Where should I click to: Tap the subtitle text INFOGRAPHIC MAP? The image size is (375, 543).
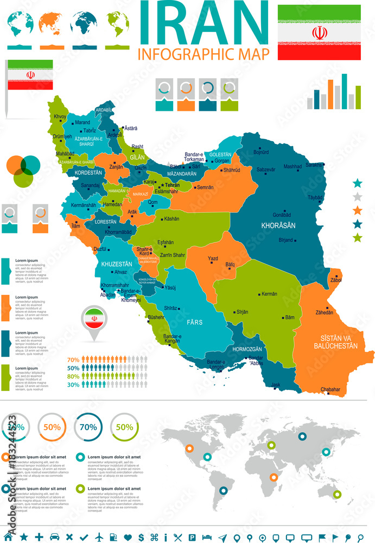[x=204, y=53]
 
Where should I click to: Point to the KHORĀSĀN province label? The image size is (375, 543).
[x=278, y=225]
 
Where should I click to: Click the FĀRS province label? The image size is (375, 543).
[x=194, y=322]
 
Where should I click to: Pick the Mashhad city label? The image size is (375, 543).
[x=292, y=167]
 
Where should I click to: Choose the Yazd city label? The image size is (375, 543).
[x=213, y=258]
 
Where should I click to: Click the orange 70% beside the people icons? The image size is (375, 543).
[x=73, y=359]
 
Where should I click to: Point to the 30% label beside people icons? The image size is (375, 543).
[x=73, y=384]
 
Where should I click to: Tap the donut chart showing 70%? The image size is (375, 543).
[x=88, y=427]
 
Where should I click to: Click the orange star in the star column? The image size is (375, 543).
[x=357, y=211]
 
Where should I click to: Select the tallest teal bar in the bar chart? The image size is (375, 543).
[x=344, y=91]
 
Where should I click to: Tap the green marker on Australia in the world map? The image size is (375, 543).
[x=337, y=494]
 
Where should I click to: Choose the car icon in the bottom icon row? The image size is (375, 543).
[x=54, y=536]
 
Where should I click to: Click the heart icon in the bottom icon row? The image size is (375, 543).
[x=127, y=536]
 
